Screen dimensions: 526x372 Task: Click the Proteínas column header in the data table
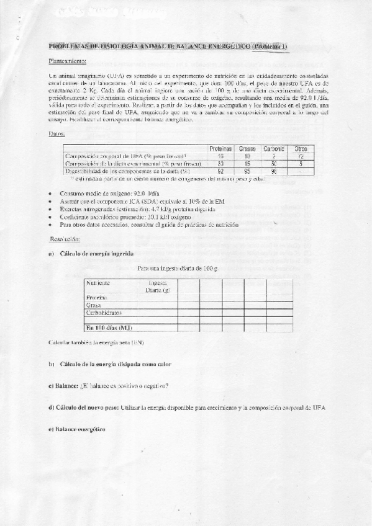coord(220,148)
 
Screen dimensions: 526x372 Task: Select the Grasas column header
coord(248,148)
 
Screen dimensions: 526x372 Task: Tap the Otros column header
coord(301,148)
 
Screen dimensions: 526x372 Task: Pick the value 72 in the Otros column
coord(301,156)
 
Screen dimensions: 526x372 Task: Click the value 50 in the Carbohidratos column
coord(274,163)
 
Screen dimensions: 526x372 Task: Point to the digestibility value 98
coord(274,171)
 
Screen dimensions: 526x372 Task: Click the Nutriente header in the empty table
coord(98,283)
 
